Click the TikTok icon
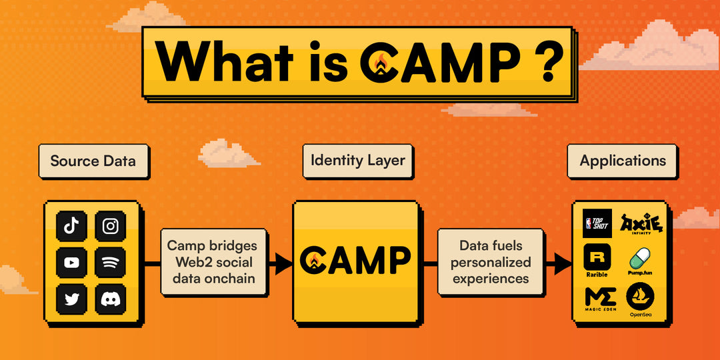[x=71, y=226]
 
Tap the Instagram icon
[x=110, y=226]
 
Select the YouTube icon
[x=71, y=263]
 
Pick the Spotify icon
[x=110, y=263]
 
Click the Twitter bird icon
[x=71, y=299]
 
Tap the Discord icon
[x=110, y=299]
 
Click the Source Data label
[x=93, y=161]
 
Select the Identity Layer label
[x=358, y=161]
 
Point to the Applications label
[x=623, y=161]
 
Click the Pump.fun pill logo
[x=640, y=260]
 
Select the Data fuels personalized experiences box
[x=491, y=262]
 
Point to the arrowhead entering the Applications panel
[x=563, y=263]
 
